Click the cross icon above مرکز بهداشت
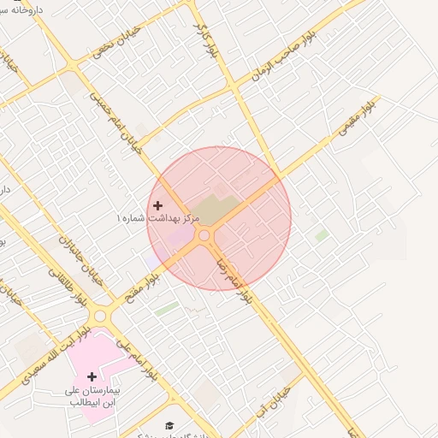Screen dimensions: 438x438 pos(157,205)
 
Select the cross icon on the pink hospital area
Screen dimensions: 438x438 pos(92,376)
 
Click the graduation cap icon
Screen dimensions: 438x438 pos(169,424)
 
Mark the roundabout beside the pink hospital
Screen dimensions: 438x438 pos(100,314)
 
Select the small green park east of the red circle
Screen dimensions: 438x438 pos(322,234)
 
